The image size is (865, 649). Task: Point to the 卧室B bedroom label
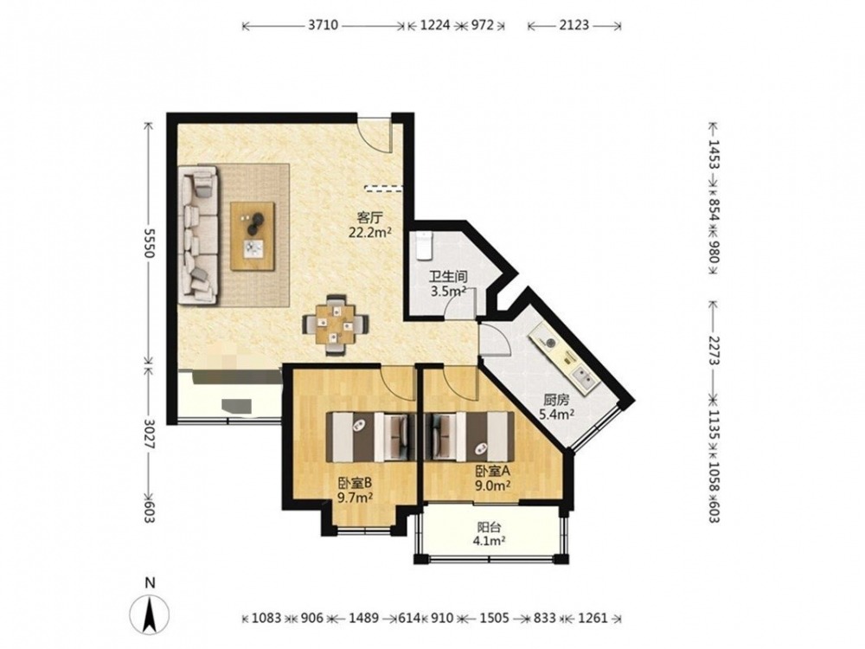click(x=355, y=484)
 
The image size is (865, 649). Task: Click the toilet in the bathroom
click(x=424, y=246)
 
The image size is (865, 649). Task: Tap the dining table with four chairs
click(x=336, y=324)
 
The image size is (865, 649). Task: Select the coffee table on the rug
click(x=253, y=236)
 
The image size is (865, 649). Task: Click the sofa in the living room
click(x=198, y=234)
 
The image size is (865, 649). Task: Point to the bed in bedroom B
click(x=372, y=436)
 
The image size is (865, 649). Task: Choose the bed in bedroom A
click(x=469, y=436)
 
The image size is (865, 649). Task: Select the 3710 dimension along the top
click(x=323, y=25)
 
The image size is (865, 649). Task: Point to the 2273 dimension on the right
click(x=714, y=350)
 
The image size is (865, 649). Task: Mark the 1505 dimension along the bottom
click(x=494, y=618)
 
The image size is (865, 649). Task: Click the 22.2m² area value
click(x=369, y=232)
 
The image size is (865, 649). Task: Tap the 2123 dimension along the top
click(x=574, y=25)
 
